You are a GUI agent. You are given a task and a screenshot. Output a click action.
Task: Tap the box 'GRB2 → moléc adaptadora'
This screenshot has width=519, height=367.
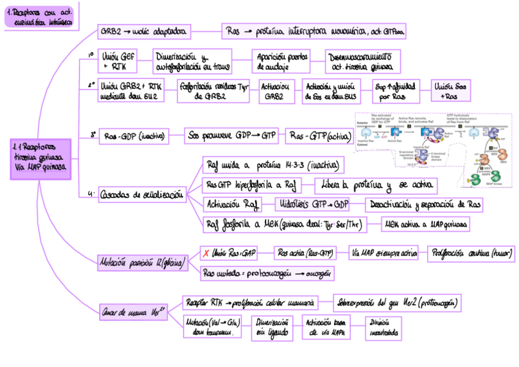coord(144,31)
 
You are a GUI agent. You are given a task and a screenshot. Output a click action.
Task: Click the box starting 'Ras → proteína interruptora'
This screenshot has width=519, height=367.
coord(314,31)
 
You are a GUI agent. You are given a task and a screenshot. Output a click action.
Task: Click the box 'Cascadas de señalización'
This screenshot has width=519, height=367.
coord(142,195)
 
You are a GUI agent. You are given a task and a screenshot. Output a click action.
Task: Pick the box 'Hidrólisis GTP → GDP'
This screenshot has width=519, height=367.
coord(313,204)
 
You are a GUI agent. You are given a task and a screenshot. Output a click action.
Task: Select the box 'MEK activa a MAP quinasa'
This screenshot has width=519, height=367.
coord(427,225)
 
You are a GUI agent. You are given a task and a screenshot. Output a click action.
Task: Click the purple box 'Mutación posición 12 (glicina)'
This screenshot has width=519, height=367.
coord(141,263)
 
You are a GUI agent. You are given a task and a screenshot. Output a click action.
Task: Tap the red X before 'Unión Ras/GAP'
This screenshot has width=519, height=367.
coord(206,252)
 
